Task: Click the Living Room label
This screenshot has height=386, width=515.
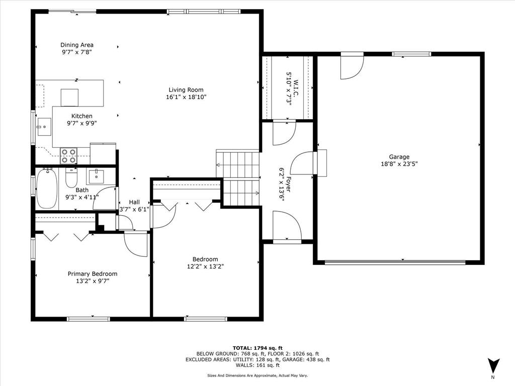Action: click(186, 90)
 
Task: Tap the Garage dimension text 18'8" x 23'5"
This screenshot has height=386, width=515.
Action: click(399, 163)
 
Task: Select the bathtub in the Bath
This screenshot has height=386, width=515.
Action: click(46, 189)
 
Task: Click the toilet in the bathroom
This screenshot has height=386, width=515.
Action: click(71, 179)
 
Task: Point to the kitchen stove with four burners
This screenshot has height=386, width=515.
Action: click(68, 156)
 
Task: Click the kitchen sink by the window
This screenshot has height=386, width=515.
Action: click(44, 127)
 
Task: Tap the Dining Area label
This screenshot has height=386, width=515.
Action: click(77, 45)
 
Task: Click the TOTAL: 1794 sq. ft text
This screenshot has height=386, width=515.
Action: click(257, 348)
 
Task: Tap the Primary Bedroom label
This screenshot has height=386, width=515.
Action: click(93, 274)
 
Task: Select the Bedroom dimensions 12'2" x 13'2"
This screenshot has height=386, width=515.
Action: click(205, 267)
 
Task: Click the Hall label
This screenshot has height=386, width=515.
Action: click(134, 202)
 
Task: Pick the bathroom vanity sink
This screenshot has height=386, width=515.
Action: click(96, 177)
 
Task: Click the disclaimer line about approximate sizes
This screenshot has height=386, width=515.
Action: click(257, 375)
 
